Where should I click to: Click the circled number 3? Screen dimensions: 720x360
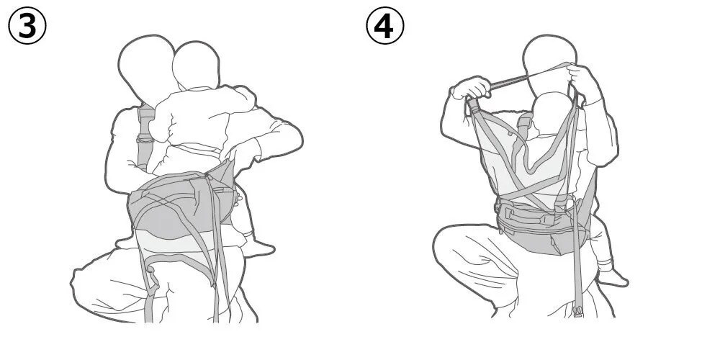pos(27,26)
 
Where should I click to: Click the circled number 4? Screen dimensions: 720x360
pos(384,26)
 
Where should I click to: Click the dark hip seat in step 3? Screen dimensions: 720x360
pos(181,207)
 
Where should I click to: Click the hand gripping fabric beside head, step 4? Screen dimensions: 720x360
pos(582,81)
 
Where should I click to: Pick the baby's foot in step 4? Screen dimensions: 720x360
pos(613,277)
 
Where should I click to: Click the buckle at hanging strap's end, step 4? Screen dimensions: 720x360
pos(577,311)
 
